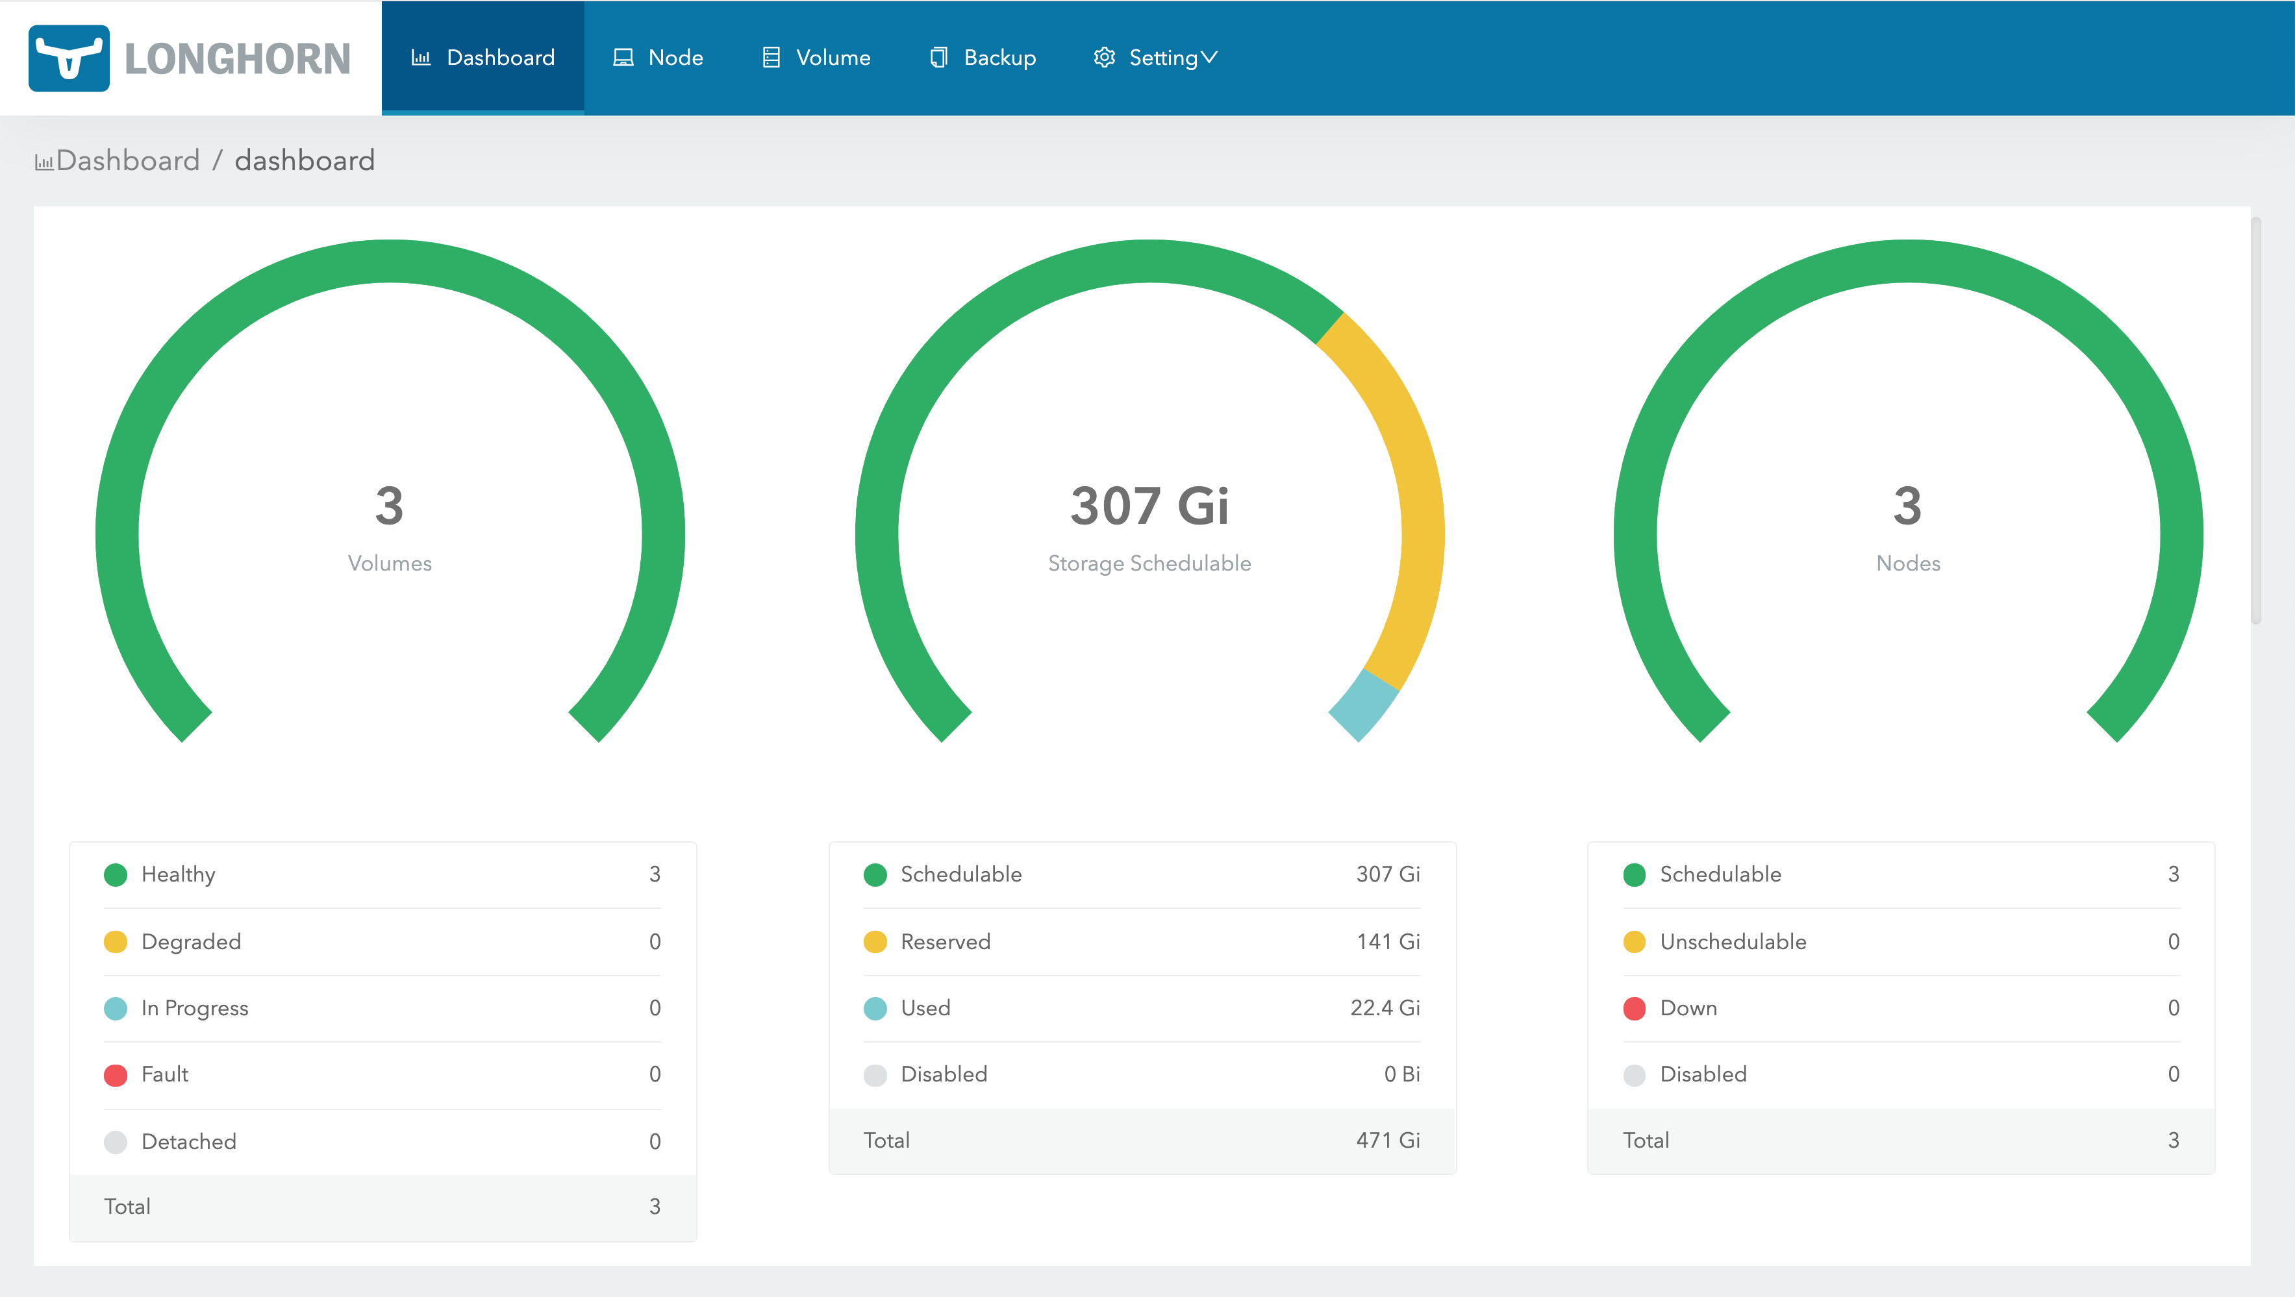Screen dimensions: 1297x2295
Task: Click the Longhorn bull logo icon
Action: (x=69, y=58)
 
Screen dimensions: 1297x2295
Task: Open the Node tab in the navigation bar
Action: (x=658, y=58)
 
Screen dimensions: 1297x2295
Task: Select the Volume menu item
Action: (x=816, y=58)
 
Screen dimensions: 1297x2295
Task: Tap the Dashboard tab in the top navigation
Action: (x=483, y=58)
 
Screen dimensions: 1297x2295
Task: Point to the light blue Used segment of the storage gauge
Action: (x=1363, y=704)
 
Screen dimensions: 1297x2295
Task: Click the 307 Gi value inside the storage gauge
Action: (x=1149, y=506)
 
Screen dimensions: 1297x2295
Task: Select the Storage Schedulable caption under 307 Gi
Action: (x=1149, y=563)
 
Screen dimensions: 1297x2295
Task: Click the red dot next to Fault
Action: (x=116, y=1075)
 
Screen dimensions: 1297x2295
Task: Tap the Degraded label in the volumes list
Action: (x=191, y=941)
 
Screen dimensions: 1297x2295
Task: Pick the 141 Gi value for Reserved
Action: (x=1388, y=941)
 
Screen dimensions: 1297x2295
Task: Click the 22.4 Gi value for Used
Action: (x=1385, y=1007)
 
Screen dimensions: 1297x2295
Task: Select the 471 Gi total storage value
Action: (x=1388, y=1140)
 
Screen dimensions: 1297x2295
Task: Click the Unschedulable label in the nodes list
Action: (x=1733, y=941)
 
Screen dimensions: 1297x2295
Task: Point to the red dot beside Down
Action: (x=1634, y=1008)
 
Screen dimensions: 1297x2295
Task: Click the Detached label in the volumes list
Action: (x=189, y=1141)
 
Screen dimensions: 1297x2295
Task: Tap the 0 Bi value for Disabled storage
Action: (x=1401, y=1074)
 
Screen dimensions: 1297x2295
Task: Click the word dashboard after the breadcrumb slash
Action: (x=305, y=160)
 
